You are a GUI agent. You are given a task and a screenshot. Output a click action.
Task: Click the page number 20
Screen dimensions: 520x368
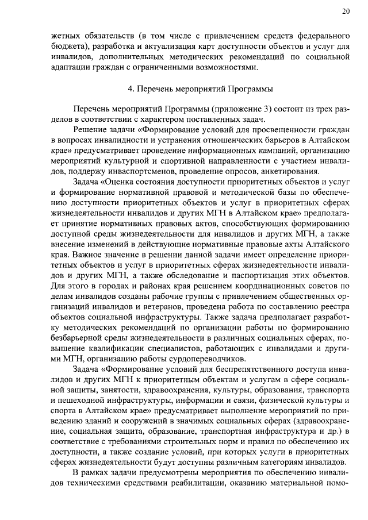[x=346, y=11]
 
